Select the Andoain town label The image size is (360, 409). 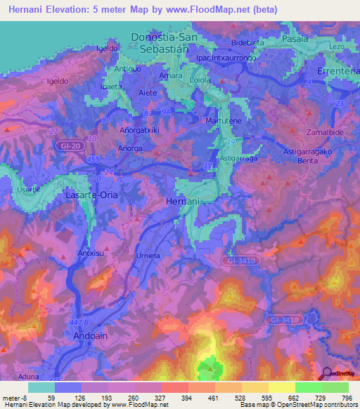91,336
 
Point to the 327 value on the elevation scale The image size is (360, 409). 161,398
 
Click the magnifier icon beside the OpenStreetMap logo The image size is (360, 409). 325,374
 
